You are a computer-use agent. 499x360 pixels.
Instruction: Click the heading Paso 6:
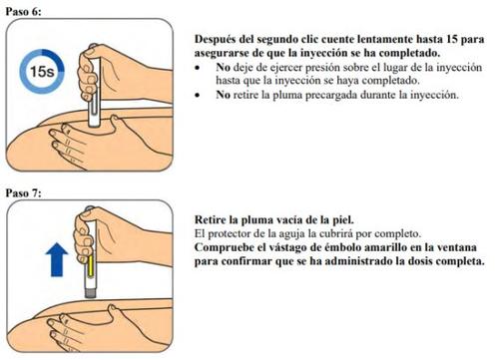23,12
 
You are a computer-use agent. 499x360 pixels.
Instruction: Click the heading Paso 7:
23,193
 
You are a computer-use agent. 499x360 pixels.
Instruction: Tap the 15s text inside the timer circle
42,72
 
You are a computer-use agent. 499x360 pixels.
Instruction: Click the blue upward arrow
57,259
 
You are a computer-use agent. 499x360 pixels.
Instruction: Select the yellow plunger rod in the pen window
90,266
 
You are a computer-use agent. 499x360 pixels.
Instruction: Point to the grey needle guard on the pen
90,293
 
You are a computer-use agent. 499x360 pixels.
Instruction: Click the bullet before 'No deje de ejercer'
198,68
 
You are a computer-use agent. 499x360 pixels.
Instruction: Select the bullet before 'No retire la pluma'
198,96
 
